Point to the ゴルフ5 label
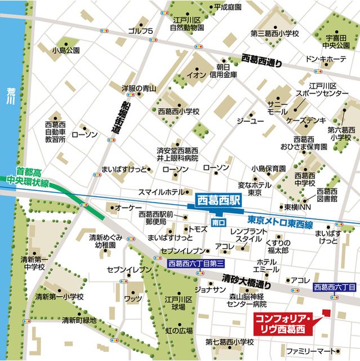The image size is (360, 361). pos(140,30)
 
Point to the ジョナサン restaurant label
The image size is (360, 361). pos(210,289)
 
